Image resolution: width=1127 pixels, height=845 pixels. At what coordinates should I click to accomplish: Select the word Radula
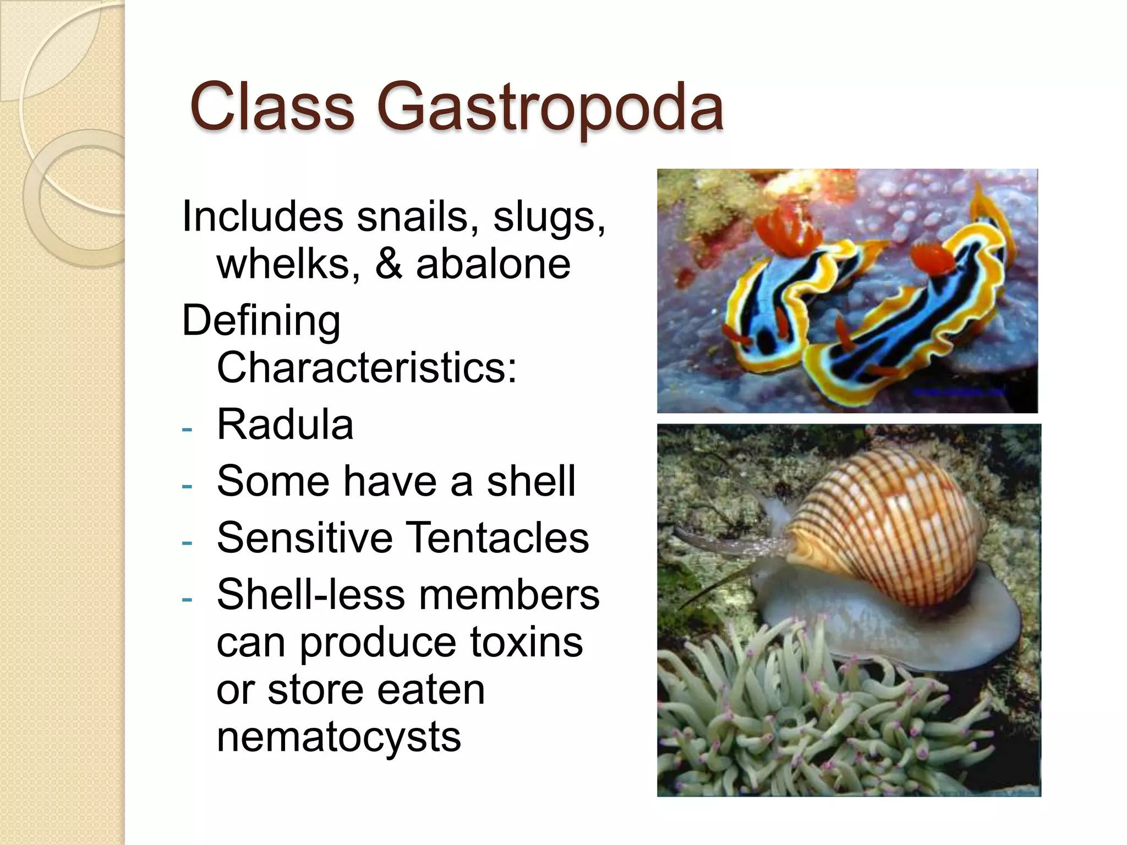click(x=285, y=425)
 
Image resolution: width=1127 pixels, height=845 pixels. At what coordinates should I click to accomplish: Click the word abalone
click(x=493, y=264)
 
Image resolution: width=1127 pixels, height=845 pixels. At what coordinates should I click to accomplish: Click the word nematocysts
click(x=338, y=737)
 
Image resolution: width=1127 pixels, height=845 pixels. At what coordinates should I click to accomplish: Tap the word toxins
click(x=526, y=642)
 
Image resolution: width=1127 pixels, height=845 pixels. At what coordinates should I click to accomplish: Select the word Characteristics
click(x=367, y=367)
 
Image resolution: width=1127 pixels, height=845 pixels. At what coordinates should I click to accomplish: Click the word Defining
click(x=261, y=321)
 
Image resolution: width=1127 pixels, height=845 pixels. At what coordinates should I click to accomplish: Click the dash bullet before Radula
click(x=187, y=429)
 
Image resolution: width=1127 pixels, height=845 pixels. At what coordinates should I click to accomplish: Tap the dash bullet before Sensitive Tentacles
click(x=187, y=542)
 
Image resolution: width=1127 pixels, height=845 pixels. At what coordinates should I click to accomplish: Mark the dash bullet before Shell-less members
click(x=187, y=599)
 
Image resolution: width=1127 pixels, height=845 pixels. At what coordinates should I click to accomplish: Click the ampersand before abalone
click(x=389, y=264)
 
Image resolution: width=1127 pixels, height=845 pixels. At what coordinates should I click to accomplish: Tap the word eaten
click(x=431, y=689)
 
